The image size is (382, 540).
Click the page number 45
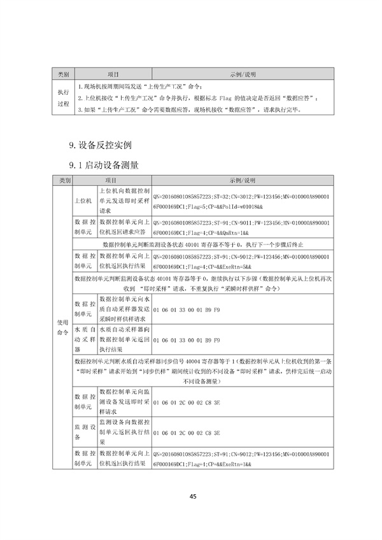191,497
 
